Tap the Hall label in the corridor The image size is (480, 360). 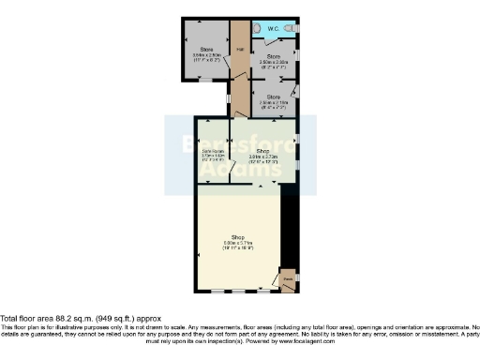(x=240, y=49)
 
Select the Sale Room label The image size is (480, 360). (x=215, y=150)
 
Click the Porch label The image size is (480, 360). (x=288, y=277)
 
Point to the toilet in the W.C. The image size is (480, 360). (x=293, y=29)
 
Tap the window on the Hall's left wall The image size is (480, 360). (x=230, y=97)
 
